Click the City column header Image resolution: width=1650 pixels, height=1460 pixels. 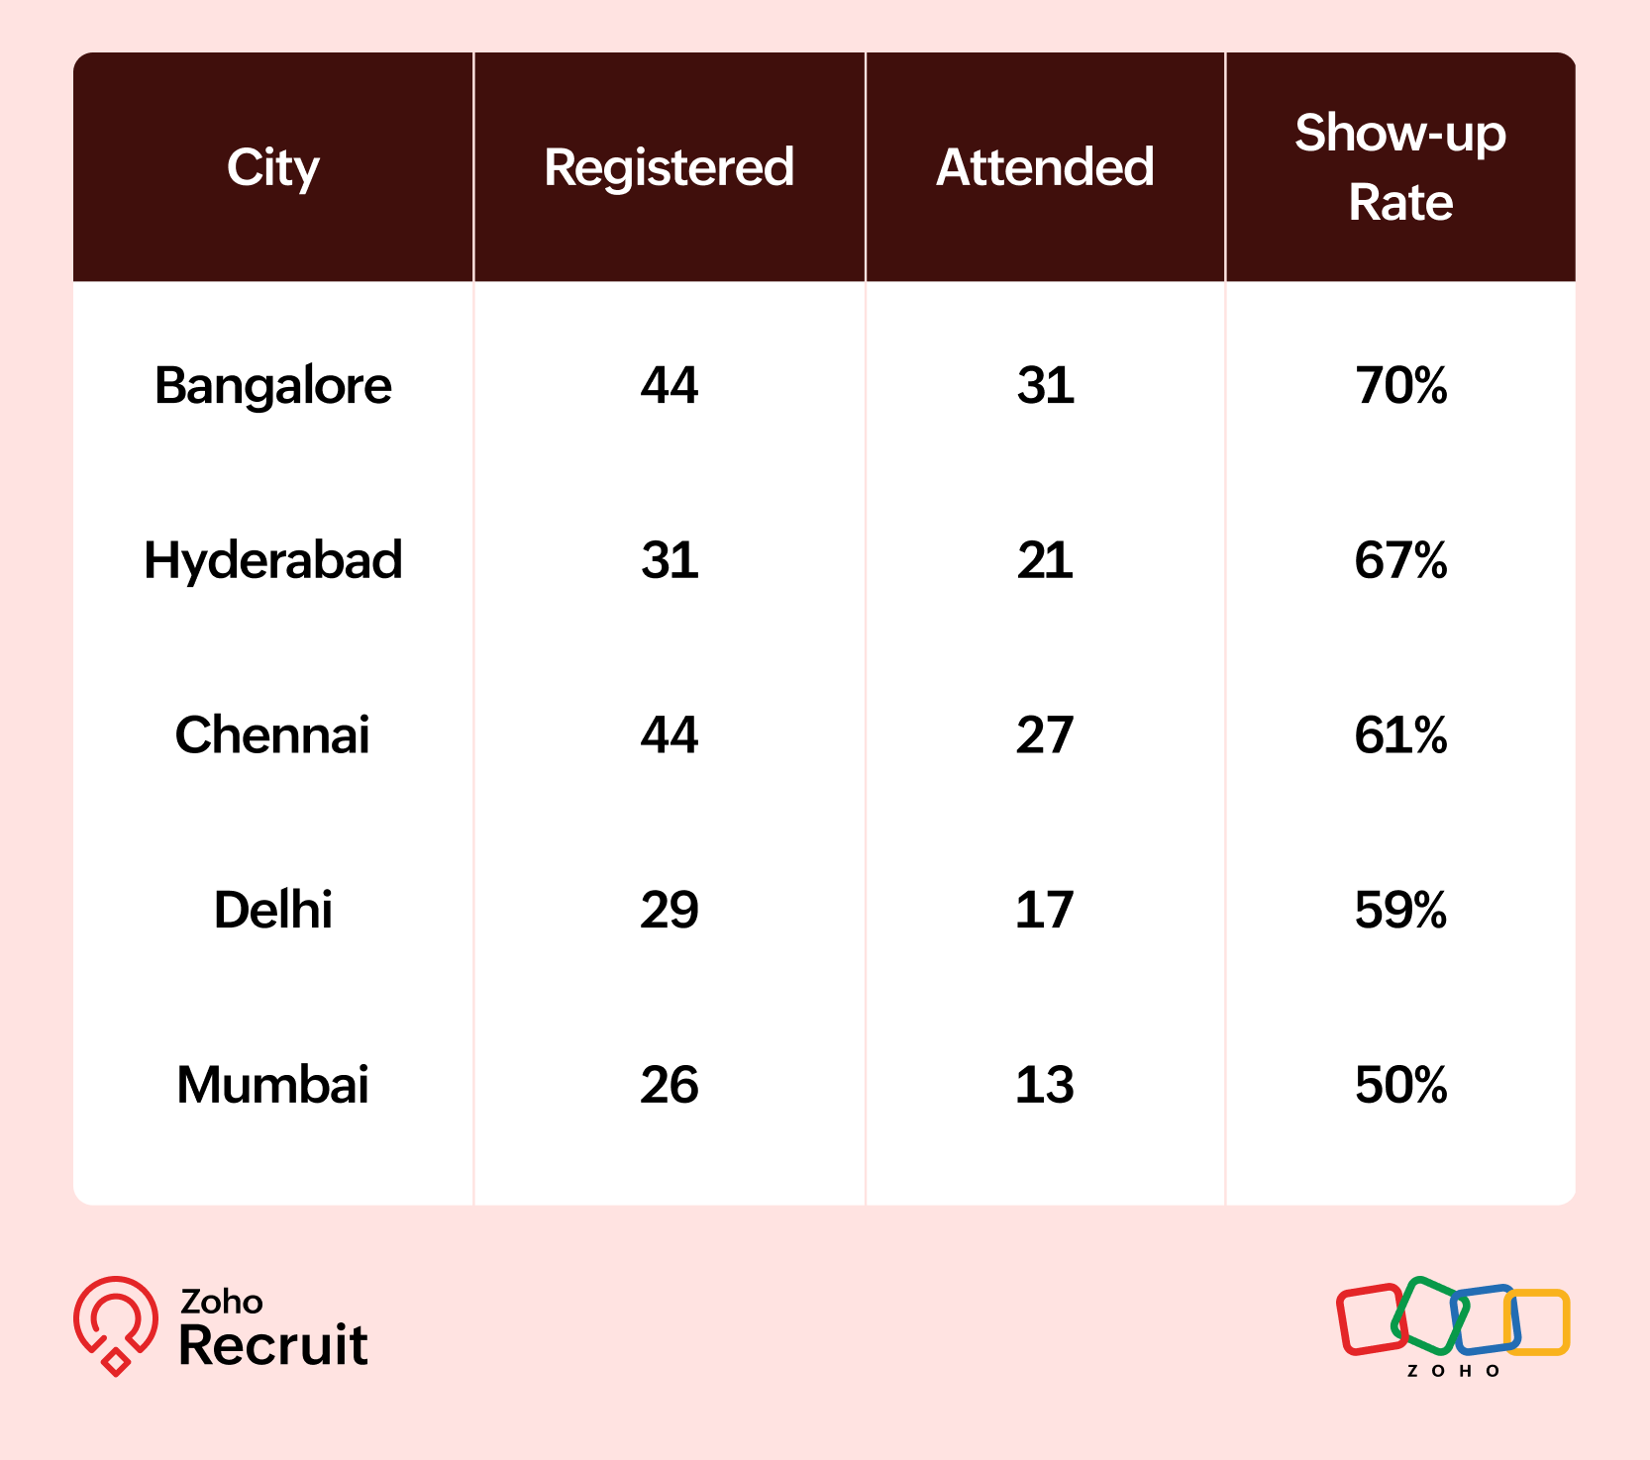click(272, 167)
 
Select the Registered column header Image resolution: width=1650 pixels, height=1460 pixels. click(669, 167)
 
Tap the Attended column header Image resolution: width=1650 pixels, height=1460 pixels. click(1045, 167)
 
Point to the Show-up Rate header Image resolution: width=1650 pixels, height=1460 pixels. click(1399, 167)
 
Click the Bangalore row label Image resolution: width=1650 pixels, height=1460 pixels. click(272, 385)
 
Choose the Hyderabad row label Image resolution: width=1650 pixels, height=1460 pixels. click(272, 560)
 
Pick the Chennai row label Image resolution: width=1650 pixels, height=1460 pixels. click(272, 735)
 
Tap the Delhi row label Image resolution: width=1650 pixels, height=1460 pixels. click(272, 910)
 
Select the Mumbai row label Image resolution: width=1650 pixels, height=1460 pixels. click(272, 1085)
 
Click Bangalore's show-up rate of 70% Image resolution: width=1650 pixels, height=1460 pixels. click(1400, 385)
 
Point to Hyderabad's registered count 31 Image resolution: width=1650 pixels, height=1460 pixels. click(670, 560)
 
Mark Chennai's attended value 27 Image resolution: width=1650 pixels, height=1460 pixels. click(1045, 735)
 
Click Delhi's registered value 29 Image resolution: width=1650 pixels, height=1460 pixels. click(670, 910)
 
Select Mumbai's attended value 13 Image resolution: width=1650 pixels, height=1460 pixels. click(1045, 1085)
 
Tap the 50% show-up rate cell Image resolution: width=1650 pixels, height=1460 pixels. click(1400, 1085)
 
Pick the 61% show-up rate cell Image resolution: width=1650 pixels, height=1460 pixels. click(1400, 735)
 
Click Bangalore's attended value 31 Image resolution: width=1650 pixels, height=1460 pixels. click(1045, 385)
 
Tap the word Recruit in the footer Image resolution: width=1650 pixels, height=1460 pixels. click(273, 1345)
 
